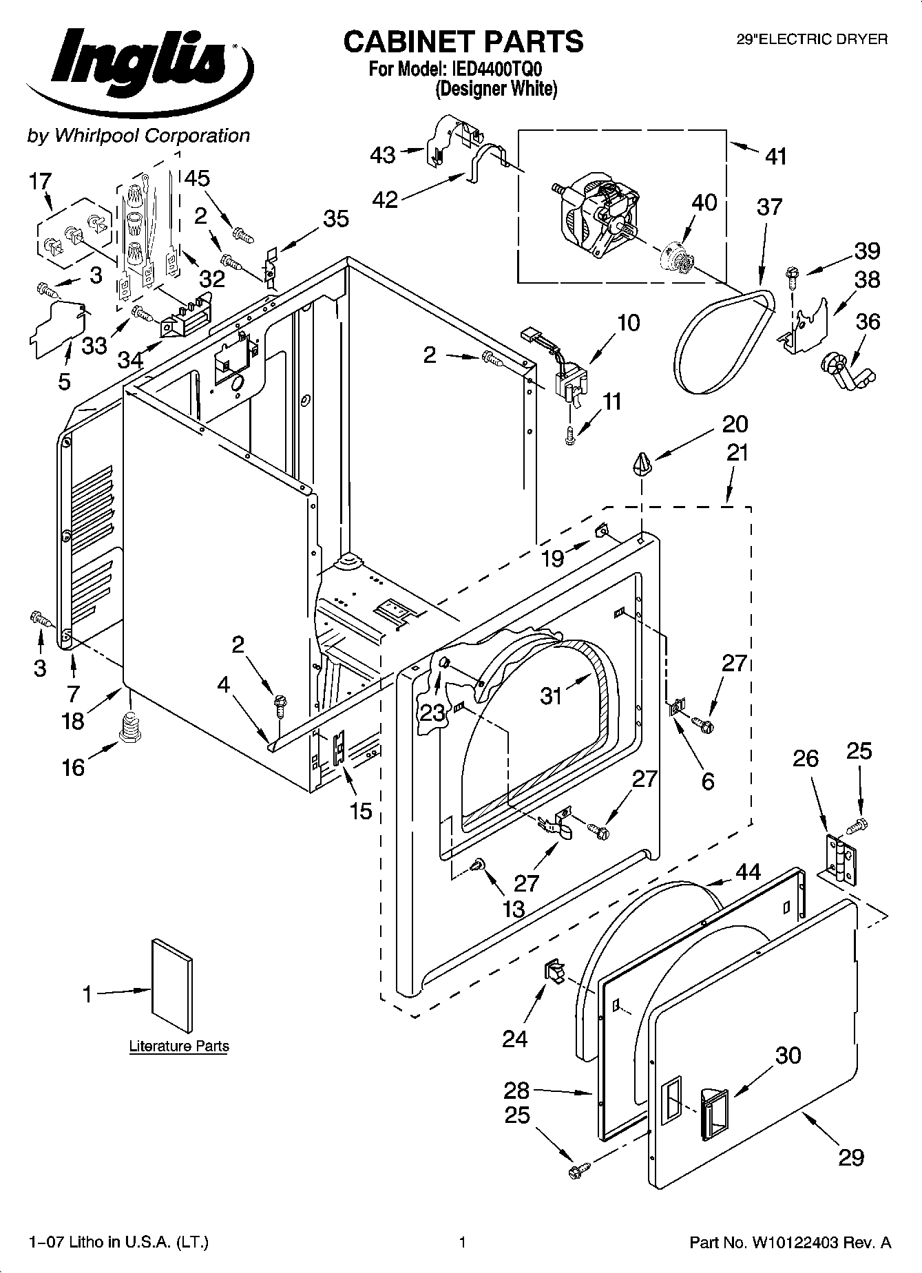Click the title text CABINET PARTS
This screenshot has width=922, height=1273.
(463, 42)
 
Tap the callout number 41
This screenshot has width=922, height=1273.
(776, 156)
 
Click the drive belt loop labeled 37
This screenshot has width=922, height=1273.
(723, 341)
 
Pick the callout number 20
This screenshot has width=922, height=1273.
(735, 424)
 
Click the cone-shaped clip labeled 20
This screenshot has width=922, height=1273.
(642, 463)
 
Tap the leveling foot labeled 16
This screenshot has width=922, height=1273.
(129, 728)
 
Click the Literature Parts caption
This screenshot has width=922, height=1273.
(179, 1046)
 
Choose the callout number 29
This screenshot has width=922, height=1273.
(850, 1158)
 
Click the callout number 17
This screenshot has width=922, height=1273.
(41, 182)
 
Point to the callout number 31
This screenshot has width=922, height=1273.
(552, 697)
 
